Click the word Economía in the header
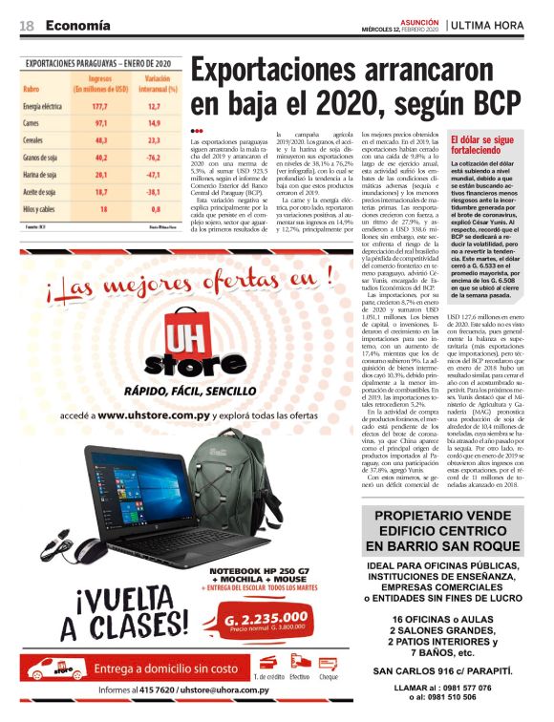[77, 24]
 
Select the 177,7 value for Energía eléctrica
[99, 106]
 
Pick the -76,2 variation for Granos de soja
[153, 157]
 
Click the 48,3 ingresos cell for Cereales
[99, 140]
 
